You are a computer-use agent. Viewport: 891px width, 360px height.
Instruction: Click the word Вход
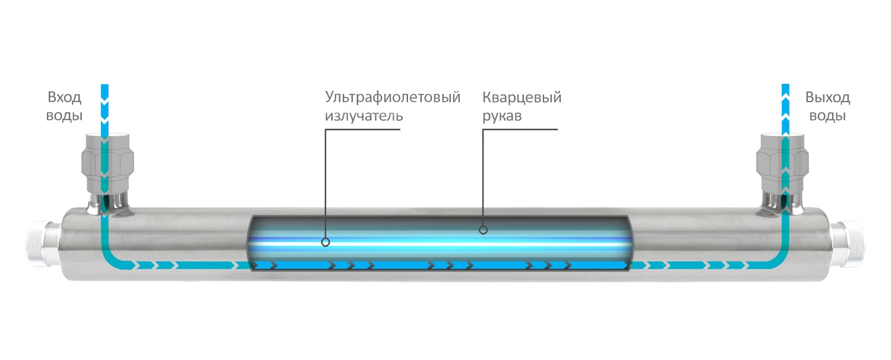tap(64, 97)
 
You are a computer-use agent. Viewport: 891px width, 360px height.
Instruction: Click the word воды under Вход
tap(64, 116)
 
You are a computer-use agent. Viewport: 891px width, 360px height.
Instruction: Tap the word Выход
tap(828, 97)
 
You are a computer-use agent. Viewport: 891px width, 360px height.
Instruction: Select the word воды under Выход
tap(828, 116)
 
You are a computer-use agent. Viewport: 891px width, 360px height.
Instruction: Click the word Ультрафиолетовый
tap(393, 97)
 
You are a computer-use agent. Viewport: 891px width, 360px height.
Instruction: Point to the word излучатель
tap(364, 116)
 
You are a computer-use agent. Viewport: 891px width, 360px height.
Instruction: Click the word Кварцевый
tap(522, 97)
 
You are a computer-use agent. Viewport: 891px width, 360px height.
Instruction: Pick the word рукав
tap(501, 116)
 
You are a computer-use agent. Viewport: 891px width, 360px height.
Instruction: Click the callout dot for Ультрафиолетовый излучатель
tap(326, 242)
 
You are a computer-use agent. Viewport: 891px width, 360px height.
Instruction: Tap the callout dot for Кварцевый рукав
tap(484, 230)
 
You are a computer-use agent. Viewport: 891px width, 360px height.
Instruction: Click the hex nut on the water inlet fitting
tap(108, 161)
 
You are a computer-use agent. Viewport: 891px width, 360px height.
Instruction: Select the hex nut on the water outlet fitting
tap(782, 161)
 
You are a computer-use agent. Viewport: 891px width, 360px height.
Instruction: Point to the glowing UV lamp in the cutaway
tap(440, 244)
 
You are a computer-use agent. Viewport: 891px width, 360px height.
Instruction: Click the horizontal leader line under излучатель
tap(362, 130)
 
